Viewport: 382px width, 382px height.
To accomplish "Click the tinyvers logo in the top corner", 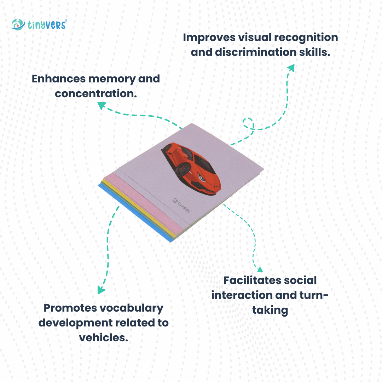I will click(39, 24).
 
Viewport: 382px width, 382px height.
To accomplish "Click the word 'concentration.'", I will click(96, 94).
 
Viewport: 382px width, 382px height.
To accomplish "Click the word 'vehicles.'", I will click(103, 337).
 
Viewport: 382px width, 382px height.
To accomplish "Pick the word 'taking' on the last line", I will click(270, 310).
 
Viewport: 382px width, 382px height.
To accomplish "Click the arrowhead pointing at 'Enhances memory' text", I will click(102, 105).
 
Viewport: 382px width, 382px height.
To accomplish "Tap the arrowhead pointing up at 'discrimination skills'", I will click(291, 68).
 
